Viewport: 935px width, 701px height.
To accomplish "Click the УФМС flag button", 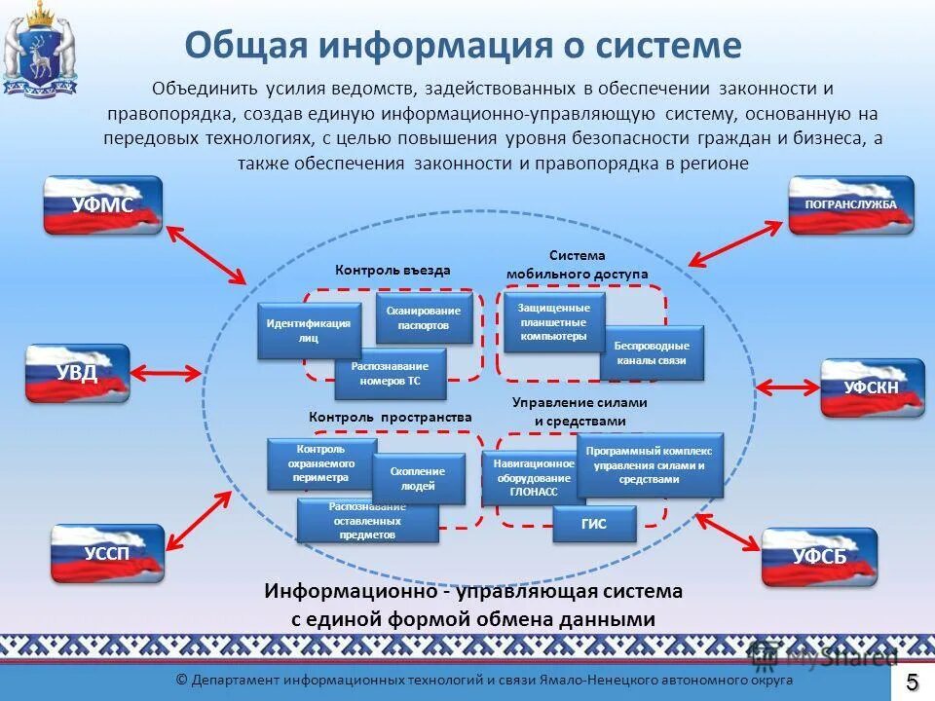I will click(102, 204).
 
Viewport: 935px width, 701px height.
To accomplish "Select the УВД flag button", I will click(77, 373).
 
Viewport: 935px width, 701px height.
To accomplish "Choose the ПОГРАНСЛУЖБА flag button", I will click(850, 205).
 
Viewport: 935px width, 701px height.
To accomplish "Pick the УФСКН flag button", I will click(872, 387).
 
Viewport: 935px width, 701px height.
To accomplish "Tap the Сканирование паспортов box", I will click(424, 317).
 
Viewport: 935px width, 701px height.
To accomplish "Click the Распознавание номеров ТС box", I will click(390, 375).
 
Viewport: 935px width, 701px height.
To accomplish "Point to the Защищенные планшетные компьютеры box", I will click(553, 322).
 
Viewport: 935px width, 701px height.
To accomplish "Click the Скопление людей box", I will click(419, 478).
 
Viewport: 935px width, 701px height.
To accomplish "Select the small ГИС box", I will click(594, 524).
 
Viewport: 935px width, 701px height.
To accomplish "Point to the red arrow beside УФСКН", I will click(786, 387).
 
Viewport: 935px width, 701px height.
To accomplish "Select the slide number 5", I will click(913, 680).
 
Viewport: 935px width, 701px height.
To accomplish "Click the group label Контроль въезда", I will click(393, 271).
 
